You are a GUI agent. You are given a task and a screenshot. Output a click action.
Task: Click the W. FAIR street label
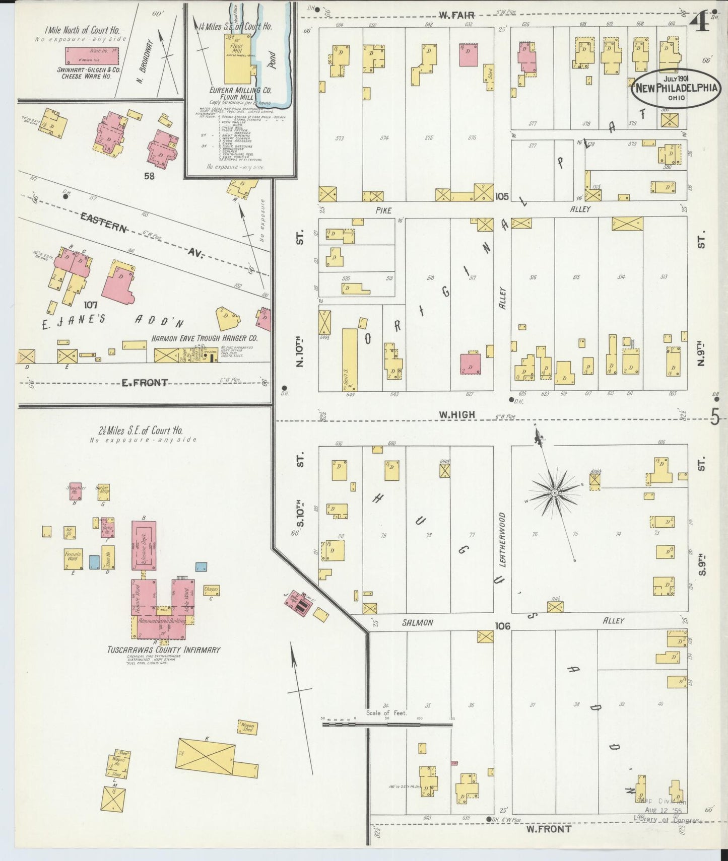pos(450,16)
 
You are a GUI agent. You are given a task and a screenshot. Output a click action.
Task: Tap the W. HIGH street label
pos(457,415)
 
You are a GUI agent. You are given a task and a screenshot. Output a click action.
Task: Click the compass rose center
pos(554,491)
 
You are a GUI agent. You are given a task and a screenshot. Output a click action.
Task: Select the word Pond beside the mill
pos(272,59)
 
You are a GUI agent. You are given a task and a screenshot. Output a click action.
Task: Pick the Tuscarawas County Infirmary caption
pos(163,650)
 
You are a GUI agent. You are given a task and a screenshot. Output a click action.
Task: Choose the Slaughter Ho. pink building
pos(76,491)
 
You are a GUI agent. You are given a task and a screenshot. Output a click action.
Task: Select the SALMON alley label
pos(418,623)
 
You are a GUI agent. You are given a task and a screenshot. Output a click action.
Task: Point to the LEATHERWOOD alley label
pos(503,540)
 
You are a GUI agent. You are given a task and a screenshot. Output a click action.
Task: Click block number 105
pos(501,196)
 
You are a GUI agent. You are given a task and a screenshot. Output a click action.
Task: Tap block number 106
pos(502,626)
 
